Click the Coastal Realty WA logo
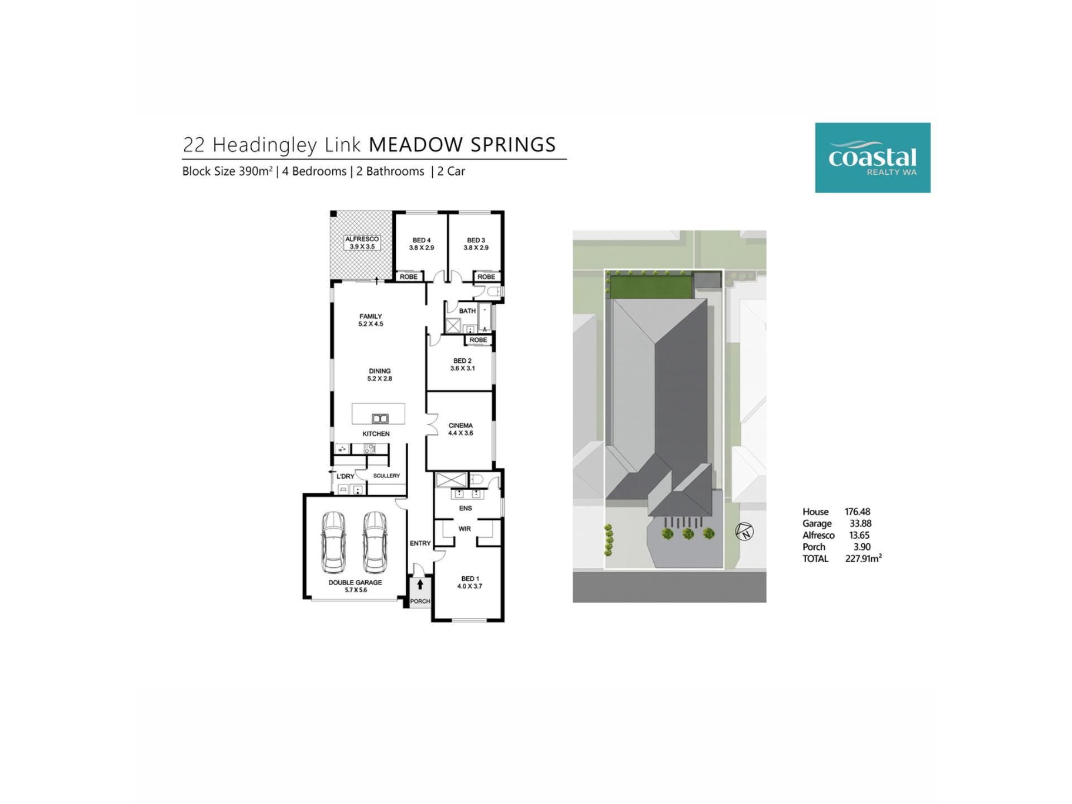click(x=873, y=158)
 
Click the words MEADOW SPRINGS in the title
click(x=462, y=145)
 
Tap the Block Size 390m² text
click(x=227, y=171)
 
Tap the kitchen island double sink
click(x=380, y=418)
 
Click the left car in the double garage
click(x=333, y=542)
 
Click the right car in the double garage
click(x=375, y=542)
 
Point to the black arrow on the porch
click(x=420, y=585)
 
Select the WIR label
click(x=465, y=529)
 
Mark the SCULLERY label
click(x=386, y=476)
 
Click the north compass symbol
click(x=745, y=532)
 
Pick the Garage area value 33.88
click(x=860, y=523)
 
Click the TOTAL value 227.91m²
click(x=863, y=558)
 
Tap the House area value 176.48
click(x=858, y=511)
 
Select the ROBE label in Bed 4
click(x=409, y=277)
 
